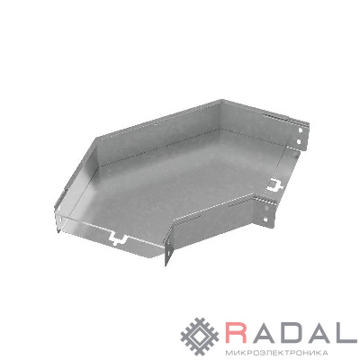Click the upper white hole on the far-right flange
[x=300, y=130]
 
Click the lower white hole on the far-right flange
[x=299, y=141]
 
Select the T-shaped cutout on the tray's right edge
[x=275, y=184]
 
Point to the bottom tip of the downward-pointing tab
[x=166, y=265]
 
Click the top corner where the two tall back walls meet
[x=220, y=100]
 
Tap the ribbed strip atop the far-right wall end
[x=285, y=119]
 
